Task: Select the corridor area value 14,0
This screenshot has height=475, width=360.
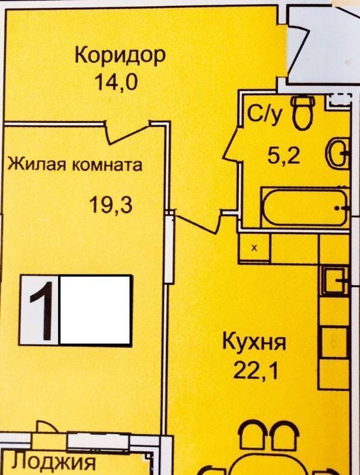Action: tap(116, 82)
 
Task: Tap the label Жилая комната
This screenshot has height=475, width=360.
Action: tap(75, 165)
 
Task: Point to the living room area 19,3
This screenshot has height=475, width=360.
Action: tap(111, 205)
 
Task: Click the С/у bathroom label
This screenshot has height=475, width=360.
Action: tap(265, 115)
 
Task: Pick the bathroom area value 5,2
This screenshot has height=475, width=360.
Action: tap(283, 157)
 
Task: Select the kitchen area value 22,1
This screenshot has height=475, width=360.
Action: tap(255, 372)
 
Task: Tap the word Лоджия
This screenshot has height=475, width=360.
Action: tap(53, 463)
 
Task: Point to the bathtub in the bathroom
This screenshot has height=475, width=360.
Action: tap(305, 208)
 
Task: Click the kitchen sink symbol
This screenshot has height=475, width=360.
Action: tap(335, 281)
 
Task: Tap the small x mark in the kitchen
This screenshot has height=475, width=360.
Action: tap(255, 248)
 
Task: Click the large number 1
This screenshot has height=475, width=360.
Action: tap(41, 310)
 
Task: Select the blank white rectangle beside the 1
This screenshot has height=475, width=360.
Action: tap(96, 310)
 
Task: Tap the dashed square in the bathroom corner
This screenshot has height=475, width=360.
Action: tap(339, 100)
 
